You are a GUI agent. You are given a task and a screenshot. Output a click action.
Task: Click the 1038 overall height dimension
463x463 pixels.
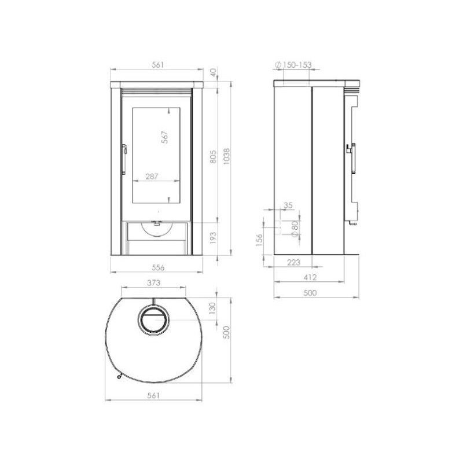[226, 156]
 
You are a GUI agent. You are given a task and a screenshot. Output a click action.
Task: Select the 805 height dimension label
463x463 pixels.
[213, 157]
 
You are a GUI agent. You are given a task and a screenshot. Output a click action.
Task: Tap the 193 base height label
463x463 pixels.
[213, 238]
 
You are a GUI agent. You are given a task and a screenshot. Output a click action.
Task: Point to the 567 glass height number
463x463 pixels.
[165, 137]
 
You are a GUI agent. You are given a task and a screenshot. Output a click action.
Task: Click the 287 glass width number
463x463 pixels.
[152, 177]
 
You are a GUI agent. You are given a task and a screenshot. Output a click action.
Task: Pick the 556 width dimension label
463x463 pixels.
[158, 267]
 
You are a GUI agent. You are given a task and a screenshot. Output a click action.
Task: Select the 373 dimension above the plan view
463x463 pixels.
[153, 282]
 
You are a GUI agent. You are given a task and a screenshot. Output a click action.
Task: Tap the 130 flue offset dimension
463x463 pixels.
[212, 308]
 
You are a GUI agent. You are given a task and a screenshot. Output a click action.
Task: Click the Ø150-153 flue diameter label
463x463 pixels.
[293, 65]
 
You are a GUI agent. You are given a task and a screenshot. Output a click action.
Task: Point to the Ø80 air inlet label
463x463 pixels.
[295, 229]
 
